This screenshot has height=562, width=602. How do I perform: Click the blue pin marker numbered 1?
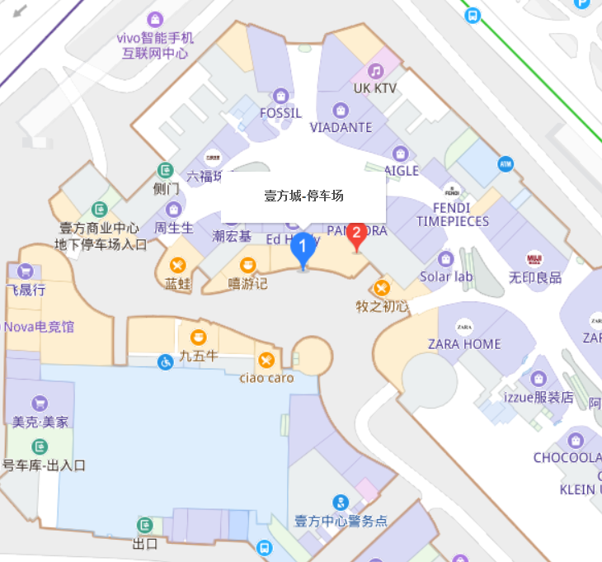[x=303, y=246]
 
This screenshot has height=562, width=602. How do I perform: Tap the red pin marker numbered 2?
[x=356, y=234]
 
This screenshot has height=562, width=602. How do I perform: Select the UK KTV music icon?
[x=376, y=71]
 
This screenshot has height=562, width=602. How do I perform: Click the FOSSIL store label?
[x=280, y=113]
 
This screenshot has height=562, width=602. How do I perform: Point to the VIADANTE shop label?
[x=341, y=128]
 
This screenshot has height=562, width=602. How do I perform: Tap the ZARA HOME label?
[x=464, y=344]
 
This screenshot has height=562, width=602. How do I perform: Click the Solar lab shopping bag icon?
[x=446, y=259]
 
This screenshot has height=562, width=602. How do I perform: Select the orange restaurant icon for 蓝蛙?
[x=177, y=265]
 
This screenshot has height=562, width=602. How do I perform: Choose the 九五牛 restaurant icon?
[x=198, y=338]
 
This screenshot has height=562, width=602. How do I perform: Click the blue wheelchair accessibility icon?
[x=166, y=361]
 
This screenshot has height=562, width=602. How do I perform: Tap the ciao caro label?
[x=266, y=378]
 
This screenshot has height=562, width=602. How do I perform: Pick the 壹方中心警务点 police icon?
[x=341, y=502]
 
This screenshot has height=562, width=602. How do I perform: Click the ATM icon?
[x=506, y=164]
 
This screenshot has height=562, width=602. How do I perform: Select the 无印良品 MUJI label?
[x=535, y=277]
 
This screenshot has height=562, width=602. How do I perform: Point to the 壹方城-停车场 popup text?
[x=303, y=196]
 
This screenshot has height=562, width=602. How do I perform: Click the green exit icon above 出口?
[x=145, y=525]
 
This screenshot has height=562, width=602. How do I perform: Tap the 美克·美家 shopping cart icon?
[x=40, y=403]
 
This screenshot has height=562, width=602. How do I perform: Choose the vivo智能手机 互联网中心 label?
[x=155, y=45]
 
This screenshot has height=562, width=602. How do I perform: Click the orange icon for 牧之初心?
[x=382, y=287]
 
